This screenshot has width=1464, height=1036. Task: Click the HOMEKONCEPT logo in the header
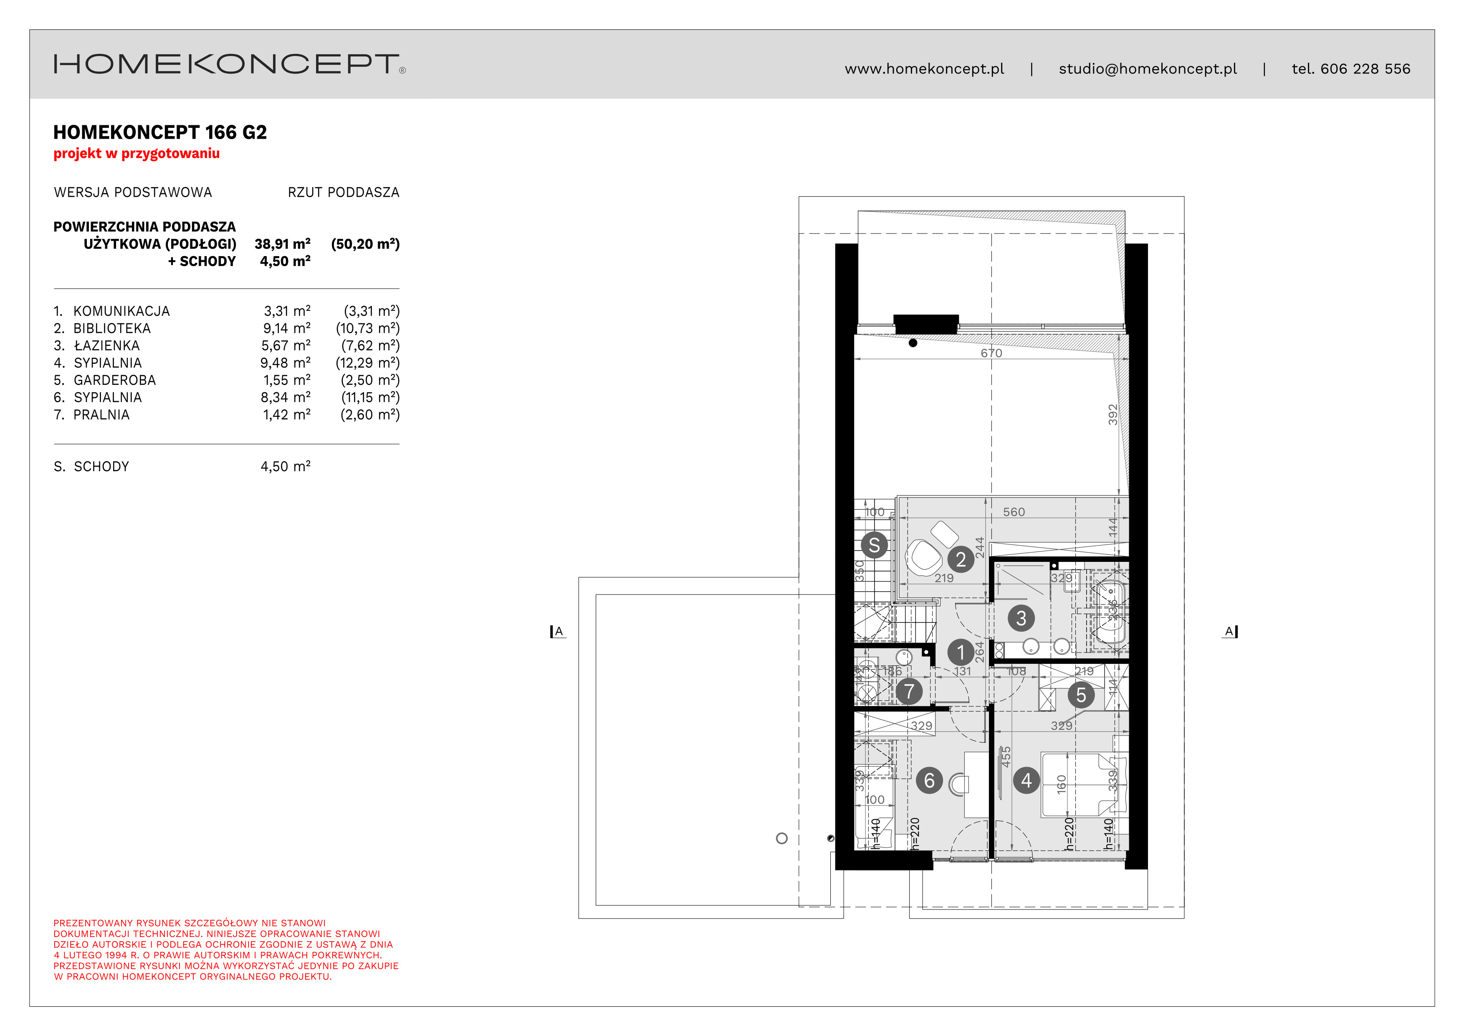228,64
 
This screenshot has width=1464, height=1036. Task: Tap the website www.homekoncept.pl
924,69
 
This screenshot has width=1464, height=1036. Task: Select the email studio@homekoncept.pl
1147,69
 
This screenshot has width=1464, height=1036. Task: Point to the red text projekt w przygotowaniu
137,153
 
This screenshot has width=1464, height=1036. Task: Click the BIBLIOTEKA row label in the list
112,328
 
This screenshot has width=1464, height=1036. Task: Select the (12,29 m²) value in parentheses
367,363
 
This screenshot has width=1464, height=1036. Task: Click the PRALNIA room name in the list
101,415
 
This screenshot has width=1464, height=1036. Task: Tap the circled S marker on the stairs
874,546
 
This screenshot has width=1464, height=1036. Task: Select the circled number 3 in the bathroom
1021,617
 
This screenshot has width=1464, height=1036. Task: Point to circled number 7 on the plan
909,691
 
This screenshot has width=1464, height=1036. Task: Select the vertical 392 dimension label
1113,415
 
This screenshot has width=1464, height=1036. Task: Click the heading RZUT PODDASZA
343,193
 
